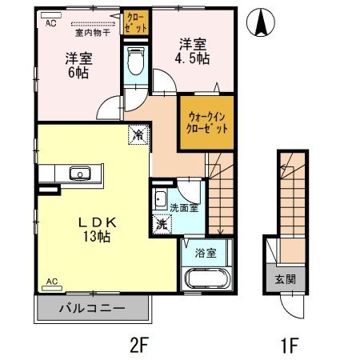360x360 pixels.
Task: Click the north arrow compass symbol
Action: (x=260, y=23)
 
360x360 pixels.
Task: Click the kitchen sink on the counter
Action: (x=80, y=173)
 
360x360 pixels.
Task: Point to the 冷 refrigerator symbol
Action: (x=138, y=135)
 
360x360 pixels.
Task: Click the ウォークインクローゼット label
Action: (x=204, y=122)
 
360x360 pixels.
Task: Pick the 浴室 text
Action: (x=205, y=254)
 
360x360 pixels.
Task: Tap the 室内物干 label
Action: (x=93, y=33)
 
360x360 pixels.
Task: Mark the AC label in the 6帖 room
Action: (x=51, y=23)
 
